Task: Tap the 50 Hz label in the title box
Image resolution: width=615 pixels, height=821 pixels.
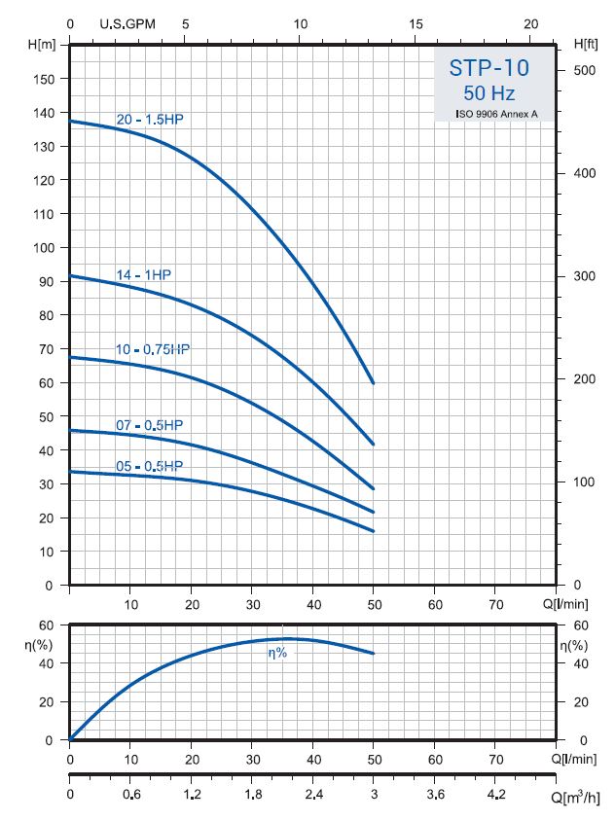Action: tap(490, 93)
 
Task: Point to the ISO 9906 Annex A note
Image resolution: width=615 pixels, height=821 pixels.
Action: tap(496, 114)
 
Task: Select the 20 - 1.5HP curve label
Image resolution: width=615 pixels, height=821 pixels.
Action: tap(150, 120)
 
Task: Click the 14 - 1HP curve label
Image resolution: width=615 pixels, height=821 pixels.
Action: tap(143, 275)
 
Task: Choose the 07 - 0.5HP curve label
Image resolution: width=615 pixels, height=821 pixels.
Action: tap(150, 425)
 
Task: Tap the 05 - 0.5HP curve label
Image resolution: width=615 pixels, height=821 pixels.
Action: tap(150, 466)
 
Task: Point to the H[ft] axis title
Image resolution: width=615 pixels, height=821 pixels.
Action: tap(585, 45)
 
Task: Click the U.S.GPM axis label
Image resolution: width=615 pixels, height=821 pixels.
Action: tap(128, 23)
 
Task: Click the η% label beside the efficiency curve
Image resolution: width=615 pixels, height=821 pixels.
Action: tap(277, 653)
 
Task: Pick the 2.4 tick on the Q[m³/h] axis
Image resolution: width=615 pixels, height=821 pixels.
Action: tap(313, 795)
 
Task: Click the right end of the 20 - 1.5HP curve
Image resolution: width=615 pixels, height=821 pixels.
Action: tap(374, 383)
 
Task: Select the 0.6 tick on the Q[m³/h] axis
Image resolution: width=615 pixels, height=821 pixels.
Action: tap(130, 795)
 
